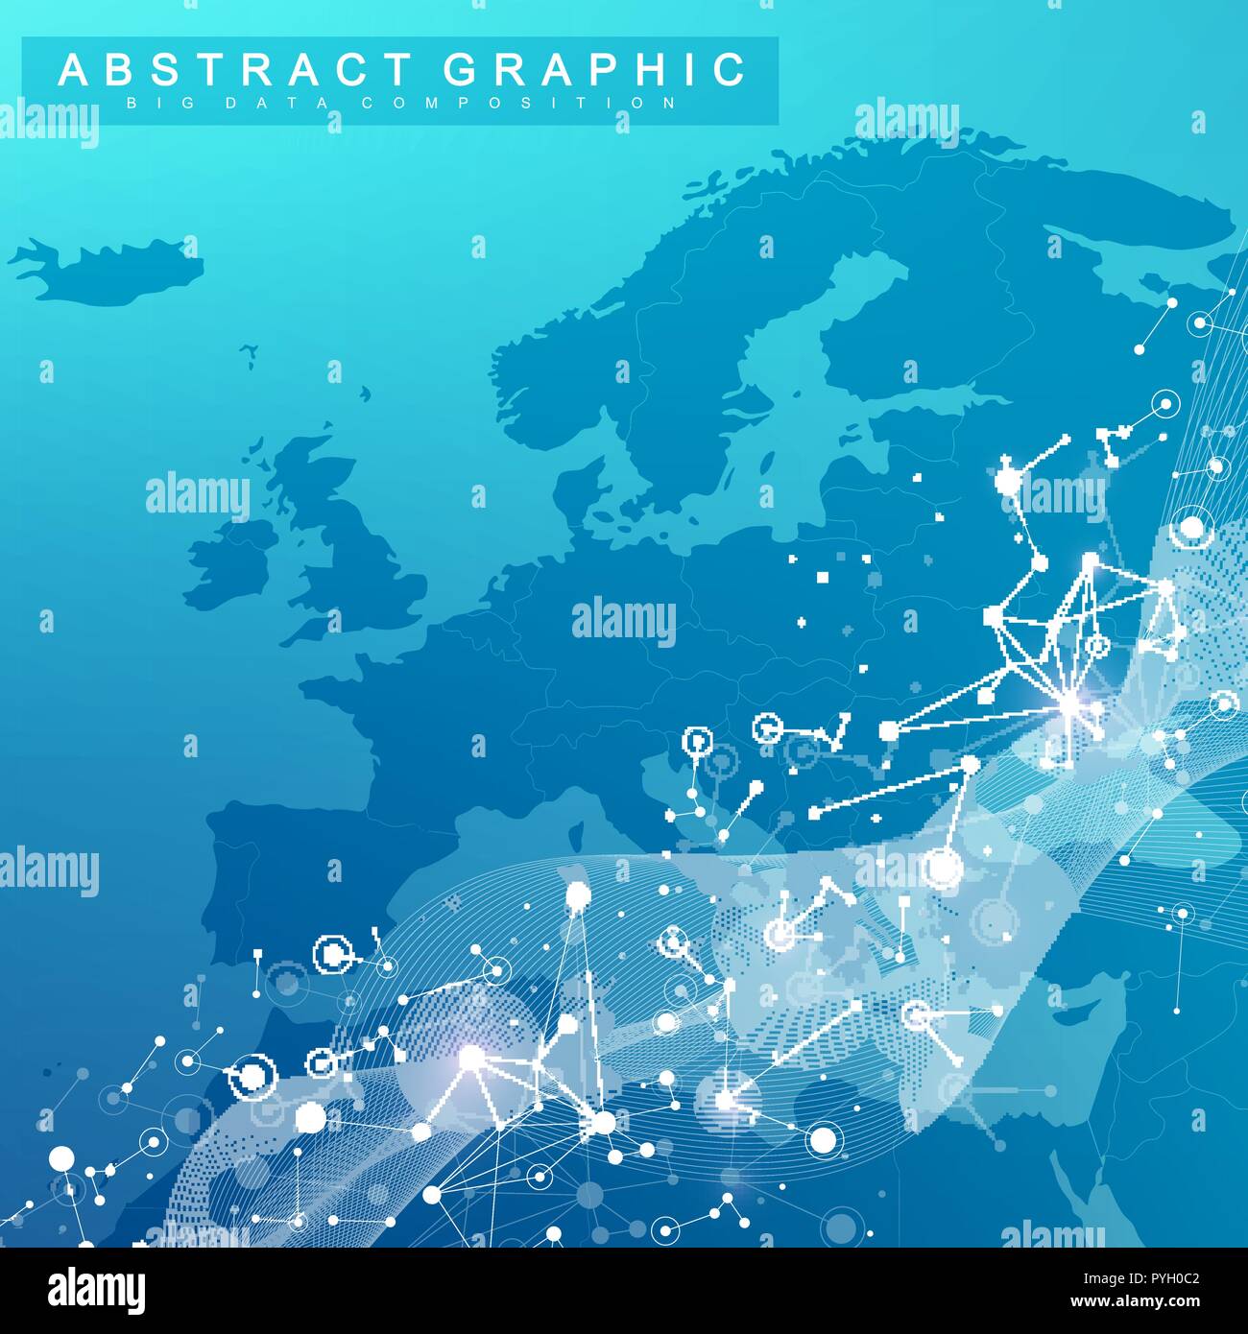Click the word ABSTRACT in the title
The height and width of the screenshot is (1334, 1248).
point(235,70)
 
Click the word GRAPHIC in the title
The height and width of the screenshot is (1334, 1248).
point(594,70)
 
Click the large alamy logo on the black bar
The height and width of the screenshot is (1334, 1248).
point(97,1289)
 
